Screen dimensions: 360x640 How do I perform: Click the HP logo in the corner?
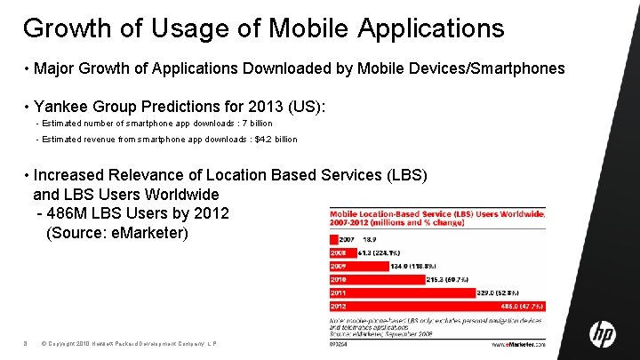click(603, 334)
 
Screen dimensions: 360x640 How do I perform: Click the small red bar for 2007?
click(332, 239)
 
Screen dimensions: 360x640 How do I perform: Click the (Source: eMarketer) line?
click(116, 233)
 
